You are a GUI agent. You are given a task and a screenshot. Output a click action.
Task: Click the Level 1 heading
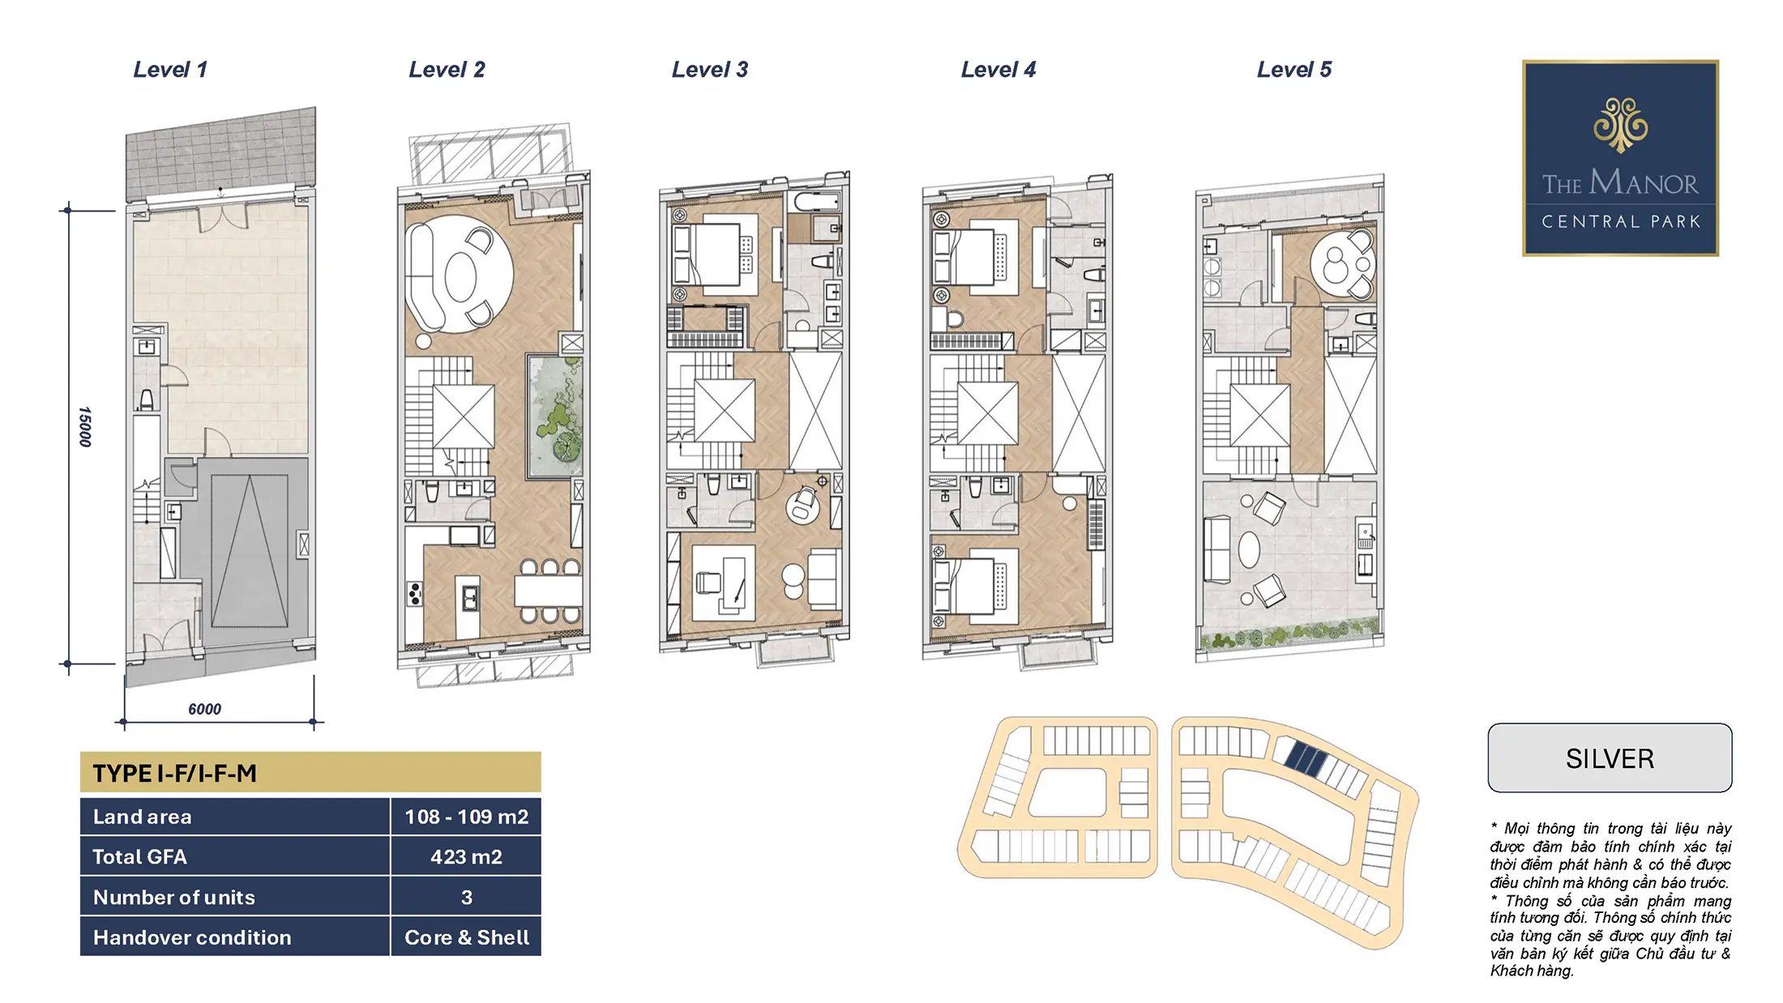(170, 70)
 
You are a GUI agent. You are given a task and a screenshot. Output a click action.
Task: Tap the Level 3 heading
(710, 70)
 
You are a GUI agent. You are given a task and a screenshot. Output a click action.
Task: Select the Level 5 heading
(1294, 70)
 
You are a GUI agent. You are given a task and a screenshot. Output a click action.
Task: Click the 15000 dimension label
(85, 427)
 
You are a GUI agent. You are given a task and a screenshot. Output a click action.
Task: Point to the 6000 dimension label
(204, 709)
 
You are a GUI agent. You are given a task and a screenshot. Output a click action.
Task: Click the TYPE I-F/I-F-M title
(175, 774)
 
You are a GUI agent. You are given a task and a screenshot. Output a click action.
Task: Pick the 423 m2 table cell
(466, 856)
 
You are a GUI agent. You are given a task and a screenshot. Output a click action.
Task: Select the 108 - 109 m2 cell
(466, 817)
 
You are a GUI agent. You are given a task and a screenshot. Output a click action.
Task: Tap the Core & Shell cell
(466, 937)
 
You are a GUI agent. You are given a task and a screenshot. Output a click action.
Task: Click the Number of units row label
(174, 897)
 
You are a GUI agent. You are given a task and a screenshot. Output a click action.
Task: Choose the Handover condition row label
(192, 937)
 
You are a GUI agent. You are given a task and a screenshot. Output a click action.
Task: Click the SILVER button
(1610, 758)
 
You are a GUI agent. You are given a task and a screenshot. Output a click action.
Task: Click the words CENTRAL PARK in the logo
(1621, 222)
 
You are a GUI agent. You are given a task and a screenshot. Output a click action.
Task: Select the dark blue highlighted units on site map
(1306, 758)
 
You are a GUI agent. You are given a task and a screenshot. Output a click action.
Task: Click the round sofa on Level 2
(460, 273)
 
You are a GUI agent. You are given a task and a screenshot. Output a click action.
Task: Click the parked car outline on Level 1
(250, 551)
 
